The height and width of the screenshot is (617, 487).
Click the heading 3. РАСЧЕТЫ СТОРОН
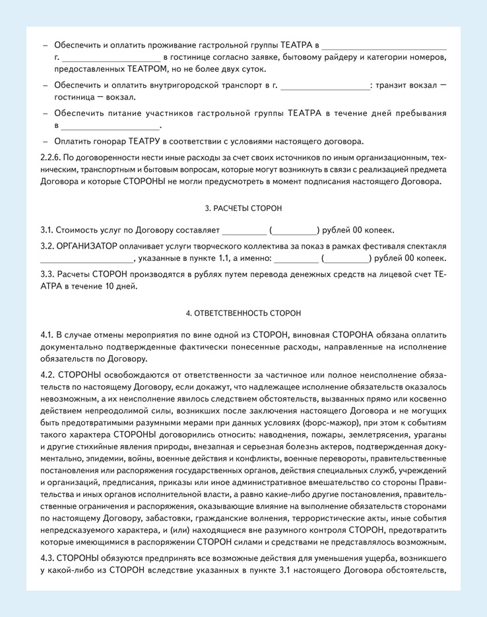[243, 208]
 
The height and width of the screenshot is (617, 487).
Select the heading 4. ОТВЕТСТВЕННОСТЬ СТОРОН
[243, 313]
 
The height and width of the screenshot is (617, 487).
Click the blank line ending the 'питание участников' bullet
[111, 125]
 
